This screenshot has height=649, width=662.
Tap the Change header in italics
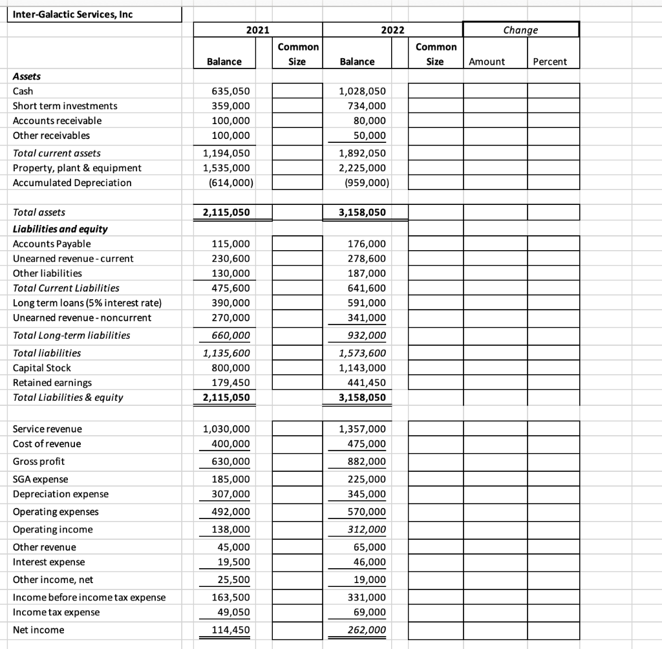tap(520, 30)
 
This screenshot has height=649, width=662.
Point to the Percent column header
tap(549, 61)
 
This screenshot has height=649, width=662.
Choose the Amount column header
tap(486, 61)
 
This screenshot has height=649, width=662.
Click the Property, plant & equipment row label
tap(77, 168)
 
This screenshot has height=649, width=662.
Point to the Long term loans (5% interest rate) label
tap(87, 303)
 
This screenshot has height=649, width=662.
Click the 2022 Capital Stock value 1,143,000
tap(363, 368)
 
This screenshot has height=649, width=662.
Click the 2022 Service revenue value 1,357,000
tap(363, 429)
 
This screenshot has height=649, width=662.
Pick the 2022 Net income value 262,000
tap(367, 630)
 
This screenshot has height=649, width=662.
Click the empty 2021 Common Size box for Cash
tap(297, 91)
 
